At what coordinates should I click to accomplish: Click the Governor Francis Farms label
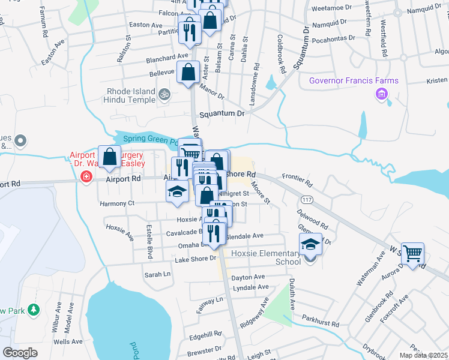pos(354,81)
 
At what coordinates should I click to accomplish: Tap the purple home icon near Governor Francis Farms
pos(381,94)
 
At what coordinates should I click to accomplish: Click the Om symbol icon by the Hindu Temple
pos(163,94)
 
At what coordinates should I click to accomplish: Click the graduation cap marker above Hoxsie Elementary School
pos(310,245)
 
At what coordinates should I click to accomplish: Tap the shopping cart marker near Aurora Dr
pos(412,254)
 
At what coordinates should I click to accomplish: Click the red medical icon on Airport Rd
pos(86,177)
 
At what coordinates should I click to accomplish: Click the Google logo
pos(20,353)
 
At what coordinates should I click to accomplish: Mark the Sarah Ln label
pos(157,274)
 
